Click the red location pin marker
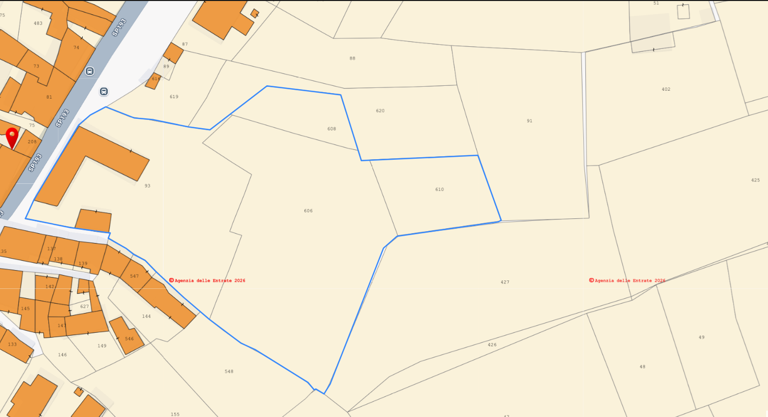[12, 136]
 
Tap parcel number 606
[308, 211]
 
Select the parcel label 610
[440, 189]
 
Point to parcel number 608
[332, 129]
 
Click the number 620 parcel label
[380, 111]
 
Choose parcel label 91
[529, 121]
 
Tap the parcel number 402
[666, 89]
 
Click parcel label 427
[505, 282]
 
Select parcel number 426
[492, 345]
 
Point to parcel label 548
[229, 372]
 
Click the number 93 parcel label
[147, 186]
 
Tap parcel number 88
[352, 58]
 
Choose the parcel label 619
[174, 97]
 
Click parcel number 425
[755, 180]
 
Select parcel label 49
[701, 338]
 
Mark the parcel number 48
[642, 367]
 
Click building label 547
[134, 277]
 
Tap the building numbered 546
[129, 339]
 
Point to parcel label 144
[146, 316]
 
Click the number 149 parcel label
[102, 346]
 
